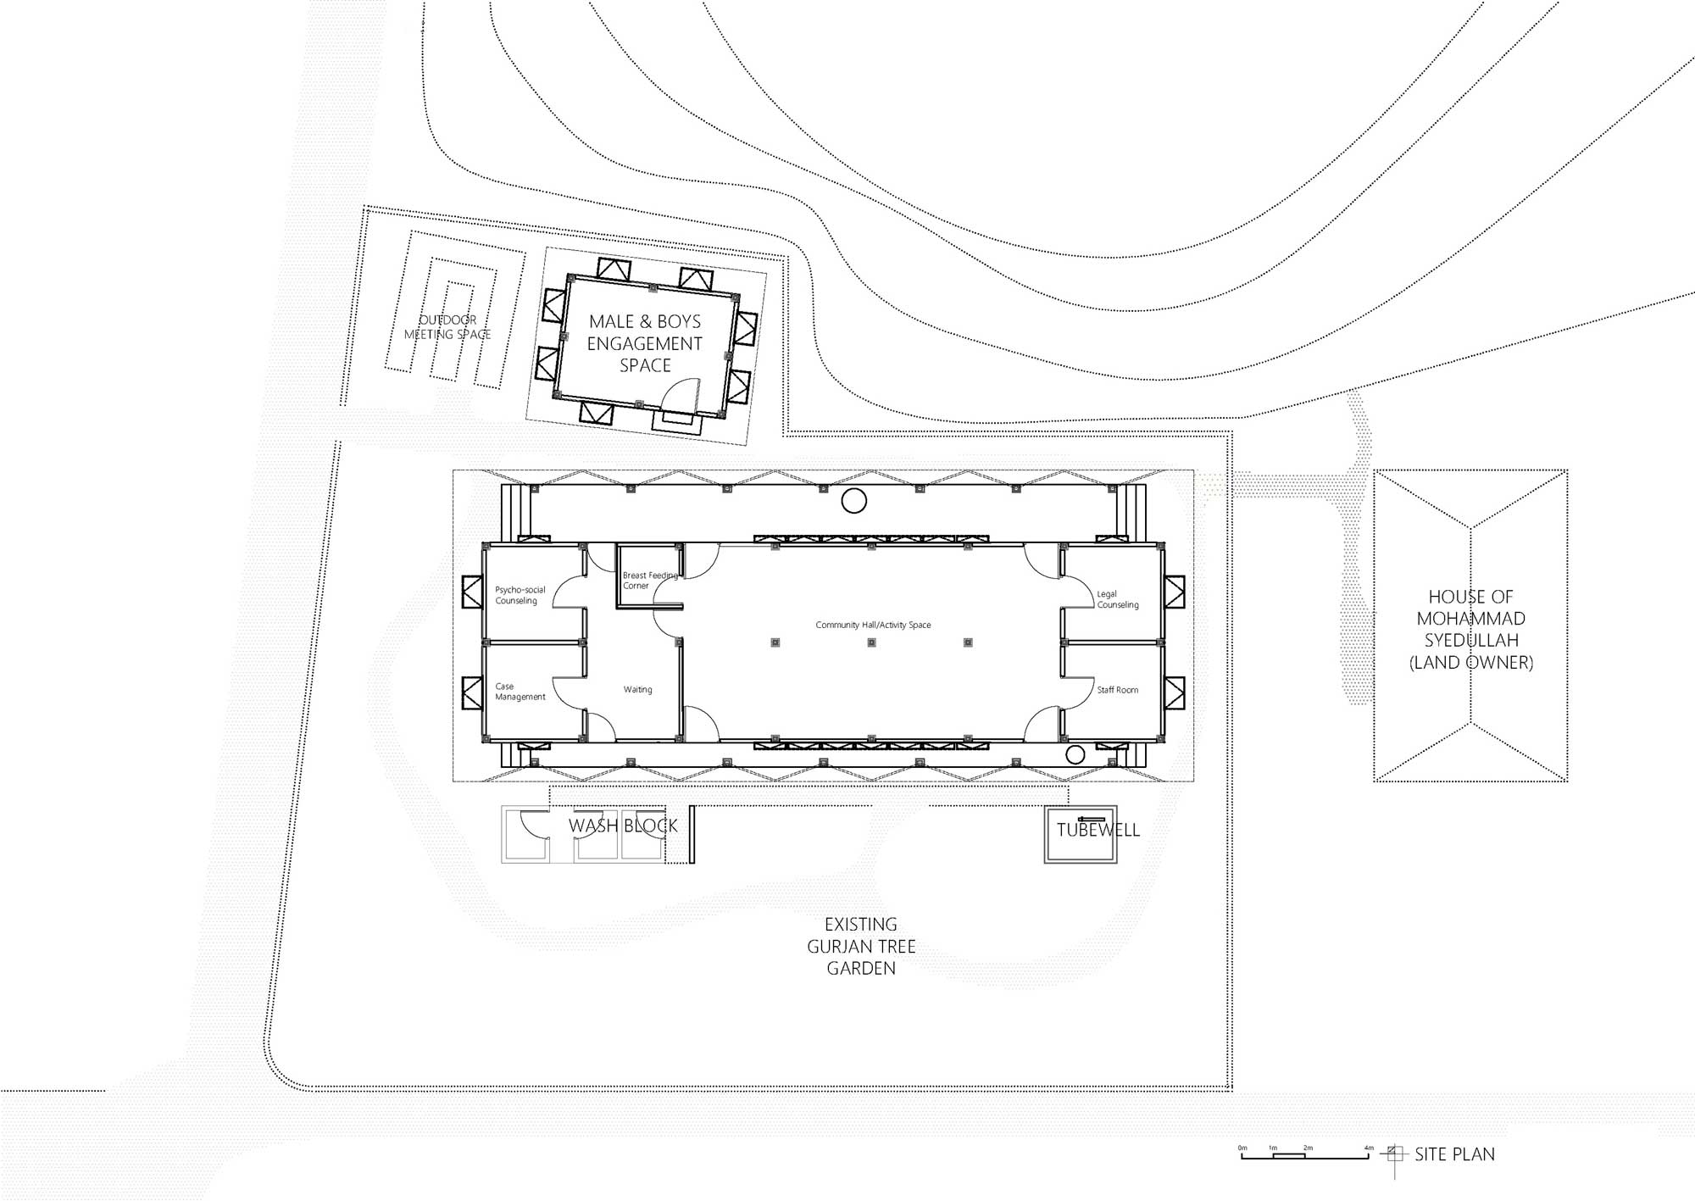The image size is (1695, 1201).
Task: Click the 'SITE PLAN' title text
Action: click(1454, 1154)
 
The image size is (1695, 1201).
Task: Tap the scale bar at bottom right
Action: click(1304, 1154)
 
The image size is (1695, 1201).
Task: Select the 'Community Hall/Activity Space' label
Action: click(873, 625)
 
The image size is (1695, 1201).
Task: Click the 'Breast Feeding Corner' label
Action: click(650, 581)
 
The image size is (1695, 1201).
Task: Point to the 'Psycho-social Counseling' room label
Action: click(520, 595)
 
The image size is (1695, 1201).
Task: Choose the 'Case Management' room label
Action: click(520, 692)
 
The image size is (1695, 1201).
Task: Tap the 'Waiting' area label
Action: click(638, 690)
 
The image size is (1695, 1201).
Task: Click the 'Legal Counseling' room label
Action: click(1118, 599)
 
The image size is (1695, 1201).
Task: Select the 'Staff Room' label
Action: click(1118, 690)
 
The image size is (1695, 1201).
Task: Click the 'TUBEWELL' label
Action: click(1098, 830)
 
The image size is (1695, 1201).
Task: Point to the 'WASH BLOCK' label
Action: click(623, 826)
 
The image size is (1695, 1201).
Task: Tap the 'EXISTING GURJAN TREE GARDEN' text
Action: click(861, 946)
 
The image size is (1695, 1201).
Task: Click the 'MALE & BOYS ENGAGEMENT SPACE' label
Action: click(645, 343)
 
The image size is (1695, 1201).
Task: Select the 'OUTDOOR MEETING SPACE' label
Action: click(447, 327)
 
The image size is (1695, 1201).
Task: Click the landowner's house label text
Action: click(1471, 630)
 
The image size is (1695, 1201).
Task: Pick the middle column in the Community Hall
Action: click(871, 642)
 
